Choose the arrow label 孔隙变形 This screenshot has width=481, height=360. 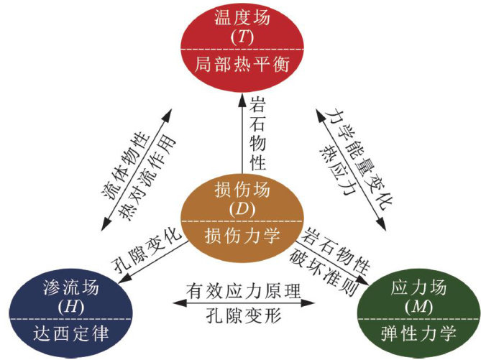[x=241, y=315]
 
